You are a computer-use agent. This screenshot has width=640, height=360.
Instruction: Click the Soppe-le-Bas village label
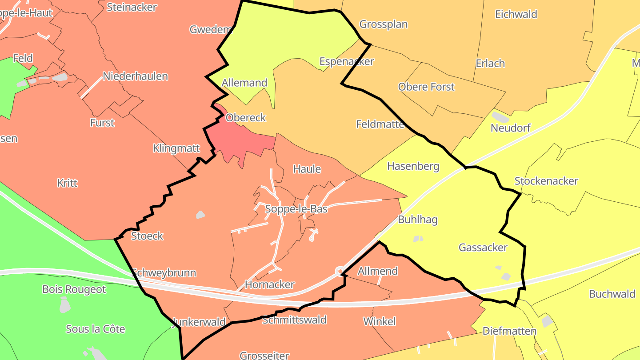tap(296, 209)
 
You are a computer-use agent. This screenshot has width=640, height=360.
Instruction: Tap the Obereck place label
tap(245, 118)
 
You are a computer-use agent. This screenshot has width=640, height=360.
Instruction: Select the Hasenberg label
tap(413, 167)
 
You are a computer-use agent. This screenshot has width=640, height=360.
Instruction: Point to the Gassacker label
tap(483, 248)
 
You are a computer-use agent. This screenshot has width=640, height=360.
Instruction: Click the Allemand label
tap(244, 83)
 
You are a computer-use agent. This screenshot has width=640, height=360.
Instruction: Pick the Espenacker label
tap(347, 61)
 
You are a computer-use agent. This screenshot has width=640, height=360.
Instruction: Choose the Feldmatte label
tap(380, 124)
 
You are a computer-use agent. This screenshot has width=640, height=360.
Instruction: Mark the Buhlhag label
tap(417, 220)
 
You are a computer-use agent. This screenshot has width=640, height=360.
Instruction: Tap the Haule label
tap(307, 169)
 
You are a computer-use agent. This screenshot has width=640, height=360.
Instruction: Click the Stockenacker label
tap(546, 181)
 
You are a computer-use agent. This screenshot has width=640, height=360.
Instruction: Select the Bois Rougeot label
tap(74, 290)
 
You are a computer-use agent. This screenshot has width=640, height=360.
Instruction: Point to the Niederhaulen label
tap(135, 76)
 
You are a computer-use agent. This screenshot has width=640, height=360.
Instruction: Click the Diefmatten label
tap(509, 332)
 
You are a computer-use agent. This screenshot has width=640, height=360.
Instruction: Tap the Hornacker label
tap(270, 285)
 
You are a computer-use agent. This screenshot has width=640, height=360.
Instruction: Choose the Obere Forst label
tap(426, 87)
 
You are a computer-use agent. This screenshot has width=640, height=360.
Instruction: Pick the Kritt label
tap(67, 183)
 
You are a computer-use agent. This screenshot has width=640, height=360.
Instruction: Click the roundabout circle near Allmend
tap(340, 270)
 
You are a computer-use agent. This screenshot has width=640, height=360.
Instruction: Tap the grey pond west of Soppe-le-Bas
tap(200, 215)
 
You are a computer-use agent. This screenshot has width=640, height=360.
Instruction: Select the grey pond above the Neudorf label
tap(500, 117)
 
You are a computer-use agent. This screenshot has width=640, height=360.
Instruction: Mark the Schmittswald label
tap(294, 320)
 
